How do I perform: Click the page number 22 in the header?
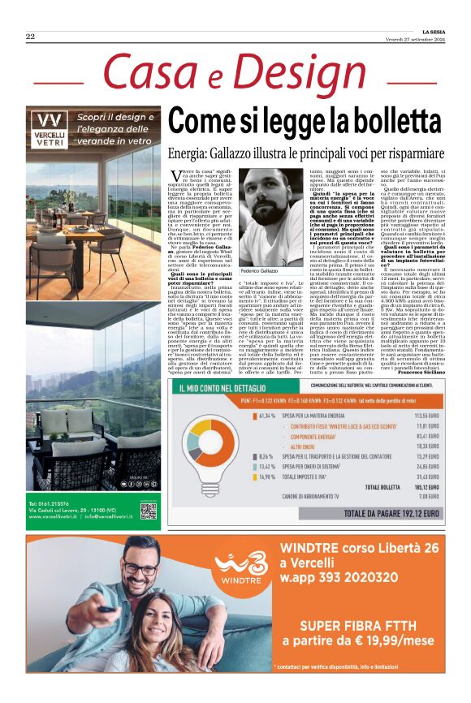[x=30, y=37]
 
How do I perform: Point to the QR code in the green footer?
[x=148, y=511]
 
